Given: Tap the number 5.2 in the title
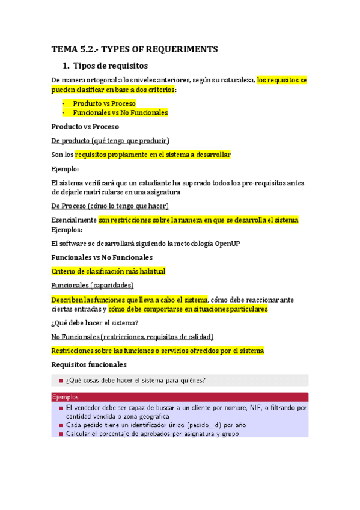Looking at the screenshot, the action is point(88,49).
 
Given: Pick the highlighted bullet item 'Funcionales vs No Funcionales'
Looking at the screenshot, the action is point(120,112).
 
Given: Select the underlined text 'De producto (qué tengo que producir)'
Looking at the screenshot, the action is point(111,140).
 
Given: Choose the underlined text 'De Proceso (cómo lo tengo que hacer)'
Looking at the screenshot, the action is point(111,206).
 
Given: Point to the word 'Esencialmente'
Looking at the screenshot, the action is point(74,220).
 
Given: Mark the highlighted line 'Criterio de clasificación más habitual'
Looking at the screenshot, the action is point(108,271).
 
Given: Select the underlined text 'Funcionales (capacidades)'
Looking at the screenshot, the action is point(93,285).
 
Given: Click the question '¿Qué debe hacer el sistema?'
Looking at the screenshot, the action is point(96,322).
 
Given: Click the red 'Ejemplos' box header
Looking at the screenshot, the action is point(65,398).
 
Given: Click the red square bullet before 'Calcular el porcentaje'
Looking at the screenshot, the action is point(61,434).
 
